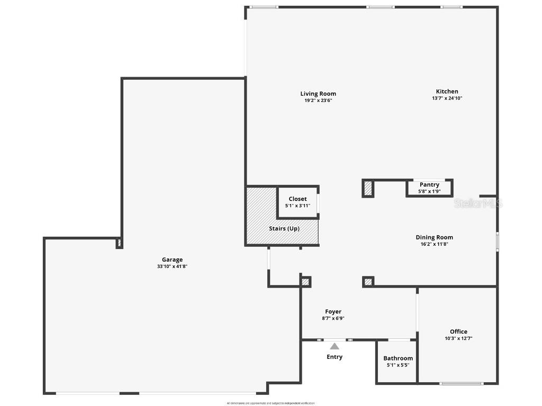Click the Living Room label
tap(318, 94)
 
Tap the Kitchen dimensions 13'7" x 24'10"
tap(447, 98)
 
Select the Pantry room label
tap(429, 184)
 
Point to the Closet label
tap(297, 199)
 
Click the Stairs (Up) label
tap(284, 228)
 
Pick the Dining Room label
tap(434, 237)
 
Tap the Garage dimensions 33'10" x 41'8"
tap(172, 266)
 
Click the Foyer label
tap(333, 311)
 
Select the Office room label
tap(458, 331)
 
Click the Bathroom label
tap(398, 358)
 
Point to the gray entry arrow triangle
tap(335, 346)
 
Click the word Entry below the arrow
tap(335, 357)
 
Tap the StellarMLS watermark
tap(477, 203)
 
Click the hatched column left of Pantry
tap(368, 188)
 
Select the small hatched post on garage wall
tap(119, 244)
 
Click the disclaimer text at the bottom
tap(270, 403)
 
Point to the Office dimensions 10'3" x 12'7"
tap(458, 338)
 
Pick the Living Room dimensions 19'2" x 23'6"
tap(318, 100)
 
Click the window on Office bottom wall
tap(462, 383)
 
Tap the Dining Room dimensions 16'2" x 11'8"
tap(434, 244)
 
